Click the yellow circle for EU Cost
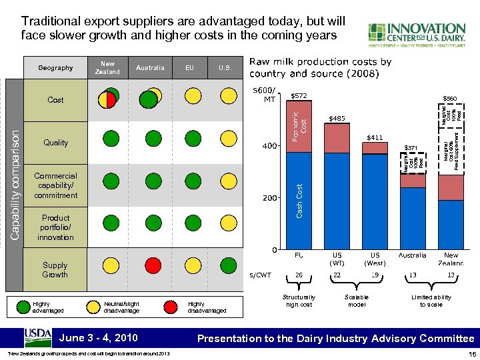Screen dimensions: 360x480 point(191,97)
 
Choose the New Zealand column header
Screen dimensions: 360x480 point(107,67)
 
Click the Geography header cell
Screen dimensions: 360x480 point(55,67)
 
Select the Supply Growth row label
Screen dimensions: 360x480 point(55,269)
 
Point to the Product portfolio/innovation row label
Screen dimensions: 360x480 point(55,227)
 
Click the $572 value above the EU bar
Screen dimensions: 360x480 point(299,96)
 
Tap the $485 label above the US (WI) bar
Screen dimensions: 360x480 point(337,119)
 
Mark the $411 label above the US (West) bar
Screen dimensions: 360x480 point(375,137)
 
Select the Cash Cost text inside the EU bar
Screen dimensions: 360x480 point(299,200)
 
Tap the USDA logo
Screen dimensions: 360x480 point(37,337)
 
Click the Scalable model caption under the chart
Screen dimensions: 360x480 point(357,301)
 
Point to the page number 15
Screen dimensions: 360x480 point(471,354)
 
